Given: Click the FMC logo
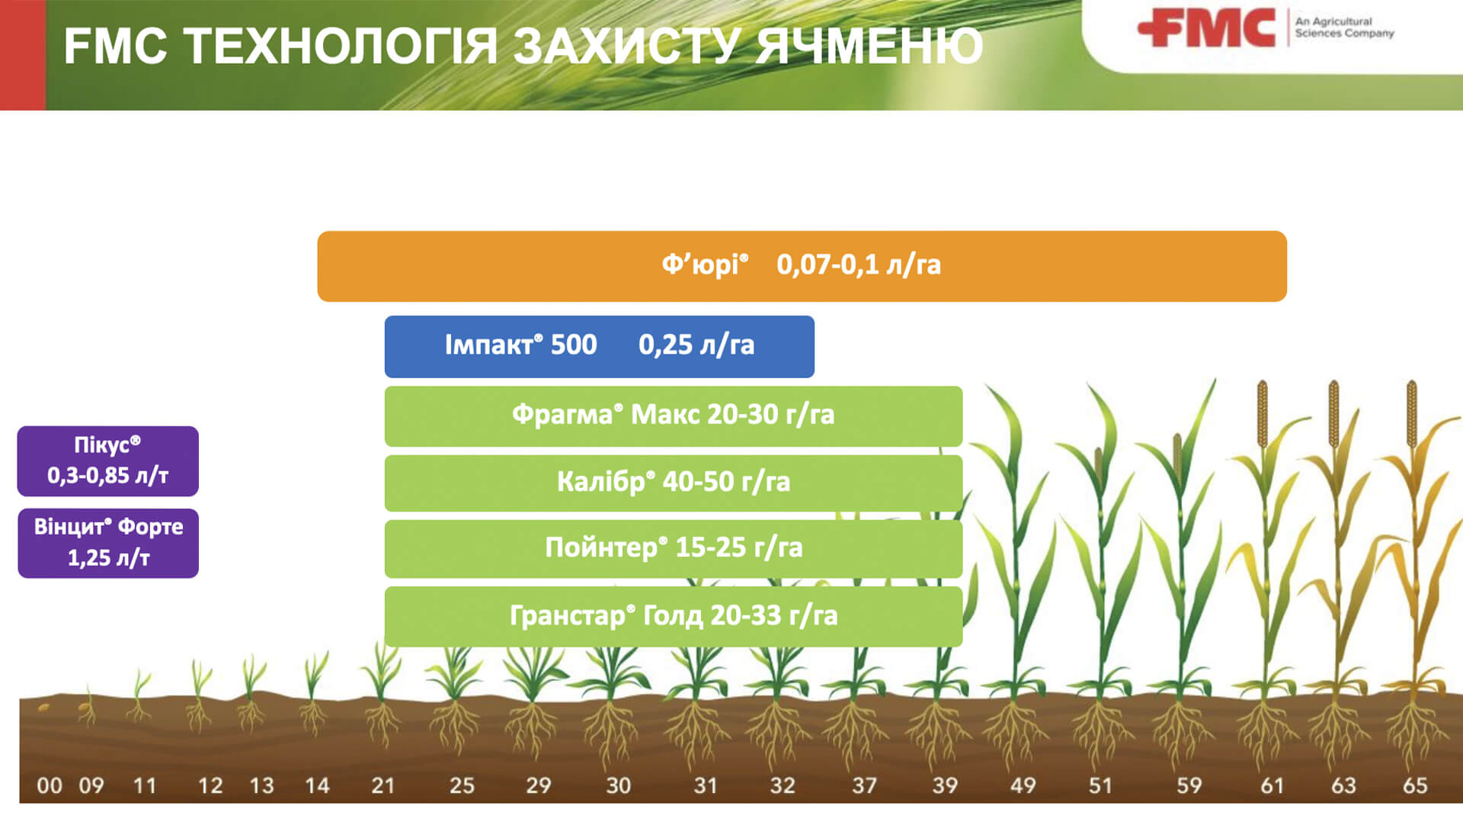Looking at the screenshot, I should click(x=1206, y=28).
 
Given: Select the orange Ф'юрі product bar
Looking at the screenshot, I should click(x=802, y=266).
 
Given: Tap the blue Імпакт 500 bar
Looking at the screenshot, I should click(x=599, y=346).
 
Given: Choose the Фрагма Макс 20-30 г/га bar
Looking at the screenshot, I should click(x=673, y=416).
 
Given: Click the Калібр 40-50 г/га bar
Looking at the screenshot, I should click(x=673, y=483).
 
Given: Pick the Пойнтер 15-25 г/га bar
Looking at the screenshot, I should click(x=673, y=548).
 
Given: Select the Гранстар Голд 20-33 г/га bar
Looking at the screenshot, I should click(x=673, y=616).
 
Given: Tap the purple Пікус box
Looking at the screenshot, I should click(x=107, y=461).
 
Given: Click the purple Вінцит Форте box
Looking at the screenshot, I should click(x=107, y=543).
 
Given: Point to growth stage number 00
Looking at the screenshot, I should click(x=50, y=785).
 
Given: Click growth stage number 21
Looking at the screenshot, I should click(x=383, y=785).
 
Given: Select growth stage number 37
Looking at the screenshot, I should click(x=864, y=785).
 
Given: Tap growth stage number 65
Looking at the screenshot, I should click(x=1415, y=785).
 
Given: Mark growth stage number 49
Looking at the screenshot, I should click(x=1023, y=785).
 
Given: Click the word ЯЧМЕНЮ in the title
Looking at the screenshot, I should click(x=869, y=46).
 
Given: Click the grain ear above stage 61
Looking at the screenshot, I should click(x=1263, y=413).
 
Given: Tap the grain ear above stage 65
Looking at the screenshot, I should click(x=1412, y=413).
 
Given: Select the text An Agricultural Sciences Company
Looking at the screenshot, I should click(x=1344, y=27).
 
